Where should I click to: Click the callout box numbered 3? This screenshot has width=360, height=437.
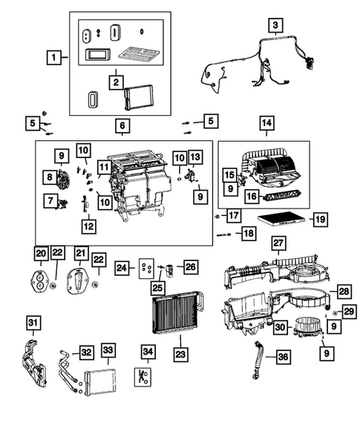pos(275,26)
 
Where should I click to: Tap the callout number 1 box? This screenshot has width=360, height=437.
pos(53,56)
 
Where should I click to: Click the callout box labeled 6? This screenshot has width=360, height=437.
pos(121,126)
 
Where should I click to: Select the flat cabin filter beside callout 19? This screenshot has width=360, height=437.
pos(278,220)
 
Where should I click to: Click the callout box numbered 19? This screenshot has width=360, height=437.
pos(319,219)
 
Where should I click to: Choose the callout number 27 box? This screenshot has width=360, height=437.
pos(278,244)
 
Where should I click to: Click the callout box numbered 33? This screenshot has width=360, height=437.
pos(108,349)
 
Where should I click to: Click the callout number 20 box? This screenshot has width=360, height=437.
pos(41,254)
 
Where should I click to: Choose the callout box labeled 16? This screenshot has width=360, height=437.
pos(251,196)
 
